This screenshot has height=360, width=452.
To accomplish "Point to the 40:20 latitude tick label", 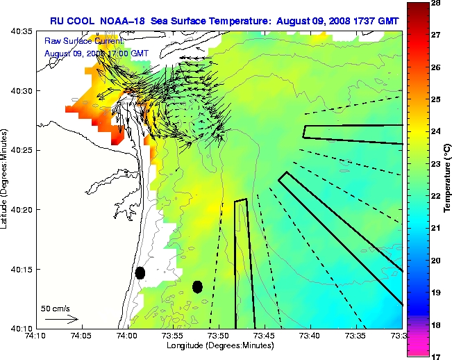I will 21,209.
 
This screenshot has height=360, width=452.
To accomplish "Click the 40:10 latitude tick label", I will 21,327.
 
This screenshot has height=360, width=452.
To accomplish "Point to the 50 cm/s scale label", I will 55,308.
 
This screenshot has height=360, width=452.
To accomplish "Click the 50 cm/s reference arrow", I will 62,319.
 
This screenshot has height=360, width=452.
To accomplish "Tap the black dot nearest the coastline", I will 140,272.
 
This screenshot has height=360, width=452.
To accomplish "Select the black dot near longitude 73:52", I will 197,286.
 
